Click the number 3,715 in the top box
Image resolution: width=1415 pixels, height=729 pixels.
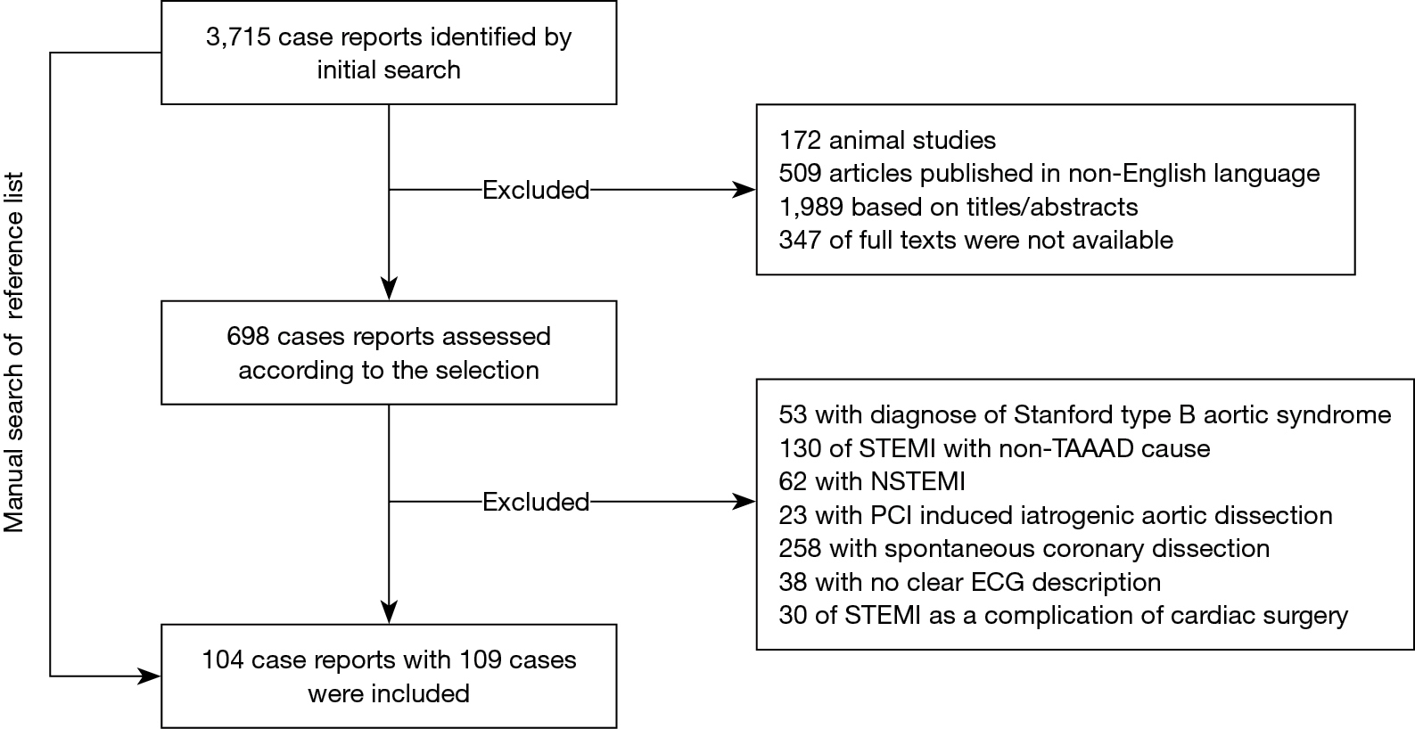238,37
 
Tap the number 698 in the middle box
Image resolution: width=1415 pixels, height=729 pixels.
248,336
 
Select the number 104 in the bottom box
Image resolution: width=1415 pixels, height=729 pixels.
222,660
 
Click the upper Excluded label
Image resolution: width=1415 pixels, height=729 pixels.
536,190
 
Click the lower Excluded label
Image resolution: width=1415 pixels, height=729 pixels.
536,503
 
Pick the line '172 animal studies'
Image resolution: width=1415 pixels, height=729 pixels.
887,140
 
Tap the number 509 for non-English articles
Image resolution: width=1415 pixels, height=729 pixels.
800,174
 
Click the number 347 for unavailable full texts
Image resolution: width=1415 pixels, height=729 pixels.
800,241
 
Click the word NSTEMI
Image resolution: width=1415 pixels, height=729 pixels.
917,481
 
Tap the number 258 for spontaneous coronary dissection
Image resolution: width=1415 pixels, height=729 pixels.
800,548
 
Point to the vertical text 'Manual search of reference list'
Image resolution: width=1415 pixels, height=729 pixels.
14,352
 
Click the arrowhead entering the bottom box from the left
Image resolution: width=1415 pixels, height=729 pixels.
150,676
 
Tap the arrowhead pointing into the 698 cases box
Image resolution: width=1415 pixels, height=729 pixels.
389,289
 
